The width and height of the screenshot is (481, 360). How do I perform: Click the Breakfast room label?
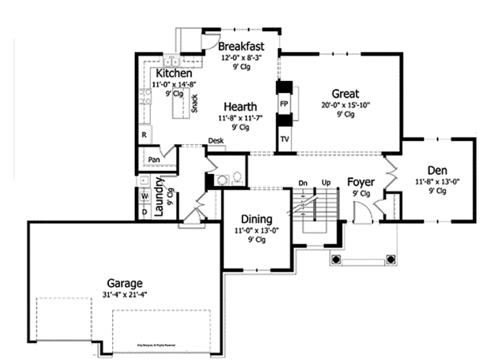tap(242, 46)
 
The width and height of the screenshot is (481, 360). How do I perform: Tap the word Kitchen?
tap(174, 74)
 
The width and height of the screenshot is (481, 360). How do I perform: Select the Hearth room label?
tap(240, 107)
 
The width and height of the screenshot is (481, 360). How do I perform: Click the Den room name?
tap(437, 170)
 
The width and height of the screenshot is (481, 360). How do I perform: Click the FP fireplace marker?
tap(284, 104)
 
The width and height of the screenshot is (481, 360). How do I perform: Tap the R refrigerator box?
tap(144, 135)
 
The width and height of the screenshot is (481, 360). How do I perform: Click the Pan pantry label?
tap(155, 160)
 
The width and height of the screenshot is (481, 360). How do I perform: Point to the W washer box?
tap(145, 195)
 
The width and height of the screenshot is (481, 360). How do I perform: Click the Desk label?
tap(216, 141)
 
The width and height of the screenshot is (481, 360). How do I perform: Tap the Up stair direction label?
tap(326, 184)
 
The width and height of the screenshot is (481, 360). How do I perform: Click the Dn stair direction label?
tap(302, 184)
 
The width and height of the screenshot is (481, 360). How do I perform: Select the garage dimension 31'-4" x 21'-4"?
tap(125, 296)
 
